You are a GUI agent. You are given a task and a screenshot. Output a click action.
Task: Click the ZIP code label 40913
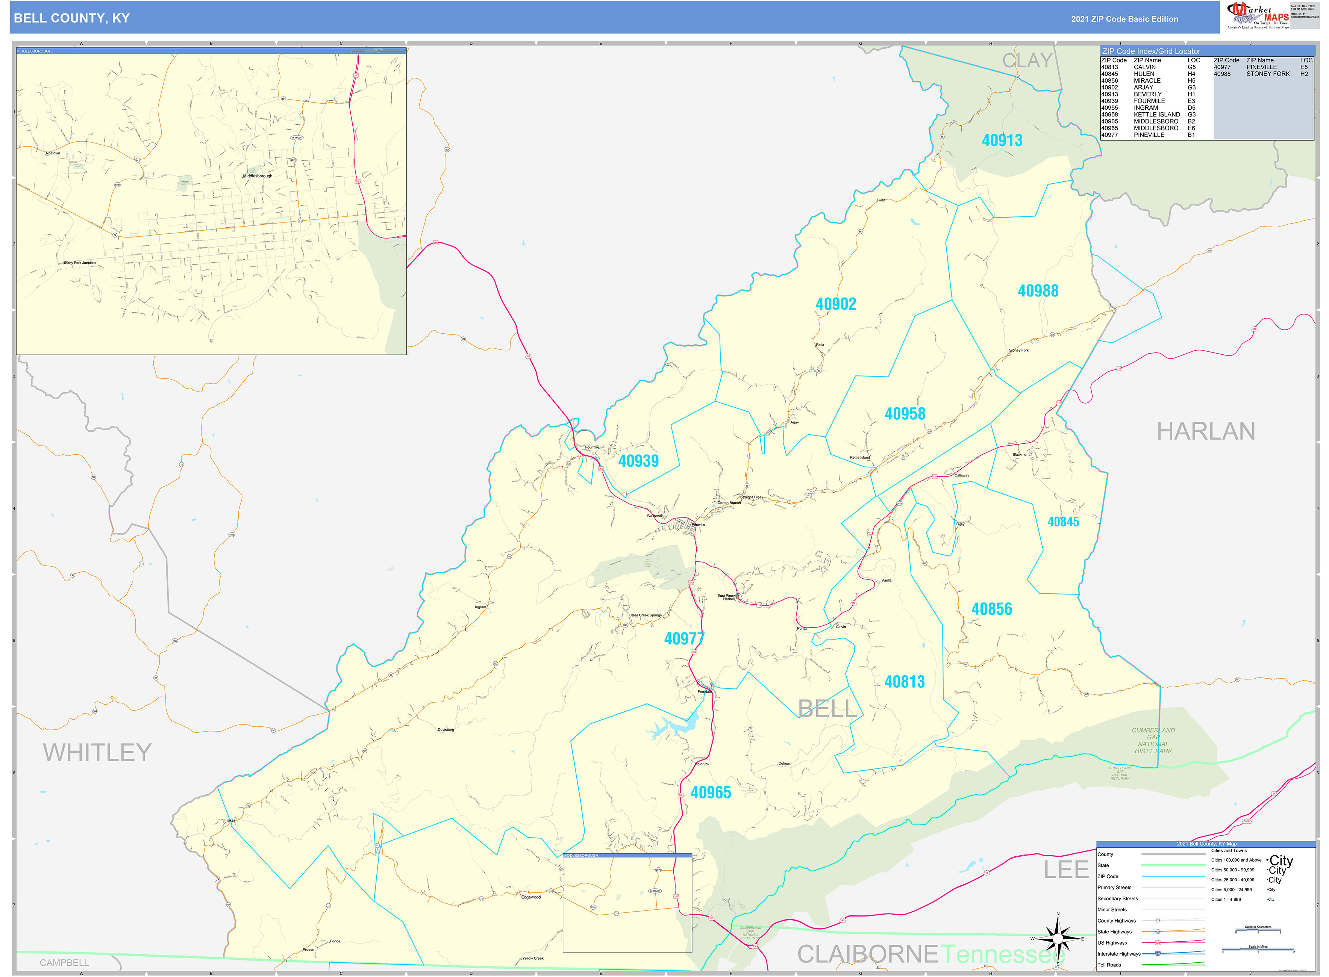[x=1002, y=141]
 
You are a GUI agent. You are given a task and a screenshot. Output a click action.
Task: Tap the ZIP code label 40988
[x=1038, y=291]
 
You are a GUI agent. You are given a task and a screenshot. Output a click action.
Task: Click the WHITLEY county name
[x=97, y=753]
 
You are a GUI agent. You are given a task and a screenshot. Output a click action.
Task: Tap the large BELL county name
[x=827, y=708]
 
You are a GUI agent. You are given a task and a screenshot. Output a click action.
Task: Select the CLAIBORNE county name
[x=867, y=954]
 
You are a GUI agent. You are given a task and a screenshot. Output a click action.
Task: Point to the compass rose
[x=1058, y=939]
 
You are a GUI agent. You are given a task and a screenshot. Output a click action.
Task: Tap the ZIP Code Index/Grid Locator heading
[x=1151, y=51]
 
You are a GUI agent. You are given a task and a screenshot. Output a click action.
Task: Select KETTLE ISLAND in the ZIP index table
[x=1156, y=115]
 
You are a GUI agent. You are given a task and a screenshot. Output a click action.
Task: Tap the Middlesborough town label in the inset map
[x=258, y=176]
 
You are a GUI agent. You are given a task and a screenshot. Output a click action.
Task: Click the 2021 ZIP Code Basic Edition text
[x=1124, y=19]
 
